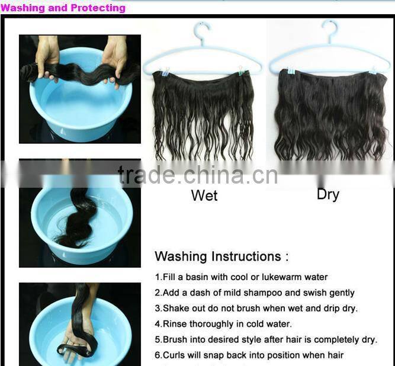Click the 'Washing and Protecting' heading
point(63,8)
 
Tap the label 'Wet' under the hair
point(204,195)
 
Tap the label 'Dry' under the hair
point(327,194)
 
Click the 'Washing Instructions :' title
point(221,256)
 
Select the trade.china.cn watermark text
point(197,175)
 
